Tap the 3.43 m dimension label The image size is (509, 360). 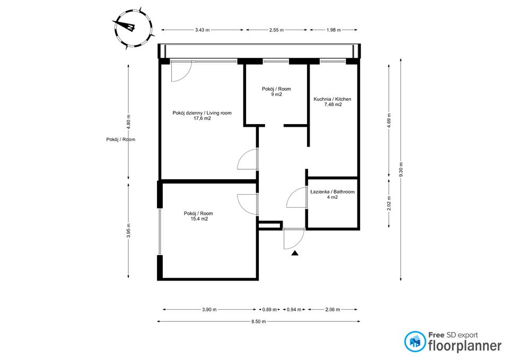(x=203, y=30)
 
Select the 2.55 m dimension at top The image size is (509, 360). (x=276, y=30)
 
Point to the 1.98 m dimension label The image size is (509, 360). (x=333, y=30)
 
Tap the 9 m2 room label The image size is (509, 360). (x=276, y=92)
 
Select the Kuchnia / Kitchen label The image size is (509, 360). (x=332, y=102)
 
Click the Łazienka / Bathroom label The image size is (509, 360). (x=332, y=194)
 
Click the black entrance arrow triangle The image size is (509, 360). (x=295, y=253)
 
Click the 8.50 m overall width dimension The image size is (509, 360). (x=258, y=321)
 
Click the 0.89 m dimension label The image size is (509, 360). (x=270, y=310)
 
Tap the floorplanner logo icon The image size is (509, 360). (x=415, y=342)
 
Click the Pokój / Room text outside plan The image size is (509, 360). (x=120, y=139)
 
